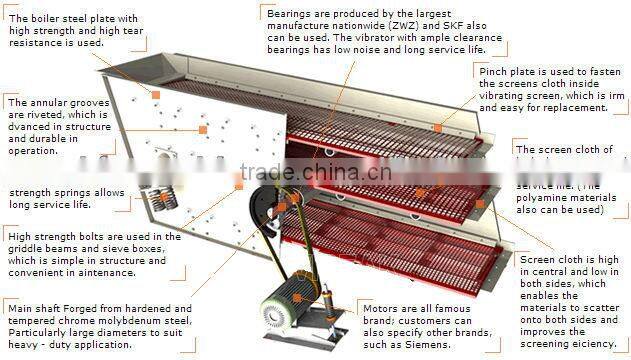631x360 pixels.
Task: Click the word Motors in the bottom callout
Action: tap(376, 309)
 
